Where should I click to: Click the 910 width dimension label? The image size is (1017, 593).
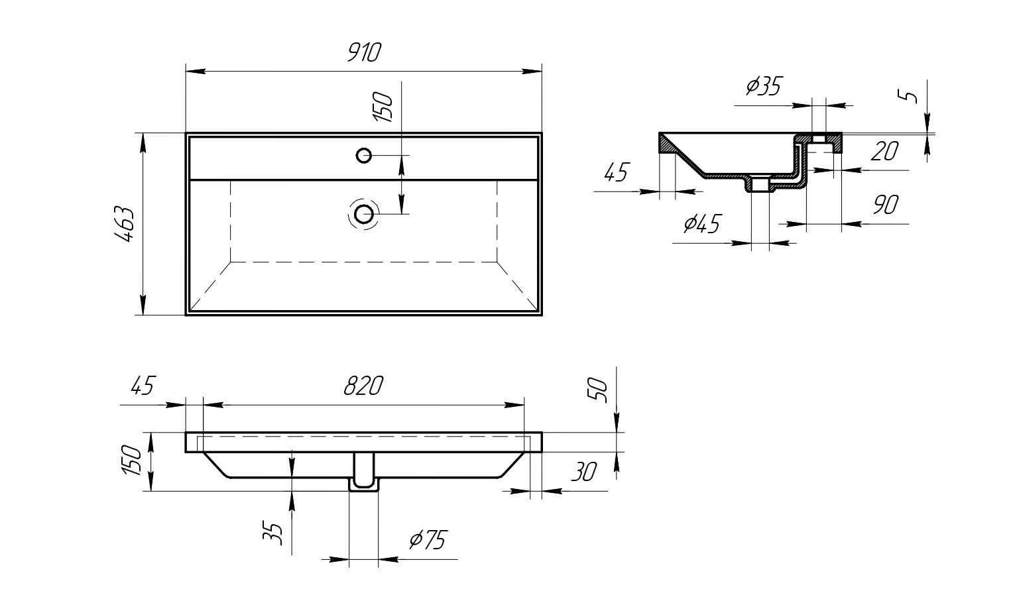click(x=364, y=52)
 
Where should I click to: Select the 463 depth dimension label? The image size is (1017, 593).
click(x=123, y=224)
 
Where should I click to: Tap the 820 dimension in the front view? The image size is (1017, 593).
click(x=363, y=386)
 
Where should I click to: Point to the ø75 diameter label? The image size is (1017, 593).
click(x=428, y=539)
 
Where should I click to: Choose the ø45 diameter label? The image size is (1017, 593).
click(x=702, y=223)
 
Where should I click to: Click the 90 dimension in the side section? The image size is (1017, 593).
click(x=885, y=205)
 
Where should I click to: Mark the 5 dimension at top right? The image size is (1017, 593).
click(x=908, y=96)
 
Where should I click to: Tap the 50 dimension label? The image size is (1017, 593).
click(x=597, y=390)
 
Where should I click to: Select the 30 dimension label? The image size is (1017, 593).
click(x=584, y=472)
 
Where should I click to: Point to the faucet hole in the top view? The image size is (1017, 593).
click(x=364, y=156)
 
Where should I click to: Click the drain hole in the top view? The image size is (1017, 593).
click(x=364, y=214)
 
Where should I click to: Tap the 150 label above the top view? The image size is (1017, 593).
click(x=383, y=107)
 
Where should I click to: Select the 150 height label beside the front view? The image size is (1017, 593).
click(x=132, y=460)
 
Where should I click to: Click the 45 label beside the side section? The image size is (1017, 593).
click(x=617, y=172)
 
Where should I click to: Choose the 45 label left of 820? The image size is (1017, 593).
click(x=143, y=386)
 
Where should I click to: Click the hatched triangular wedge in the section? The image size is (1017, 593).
click(x=668, y=144)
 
